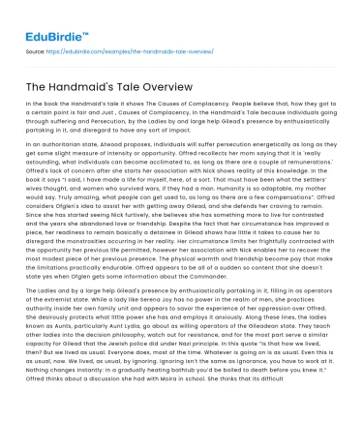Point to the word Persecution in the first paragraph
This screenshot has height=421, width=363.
[x=118, y=117]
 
